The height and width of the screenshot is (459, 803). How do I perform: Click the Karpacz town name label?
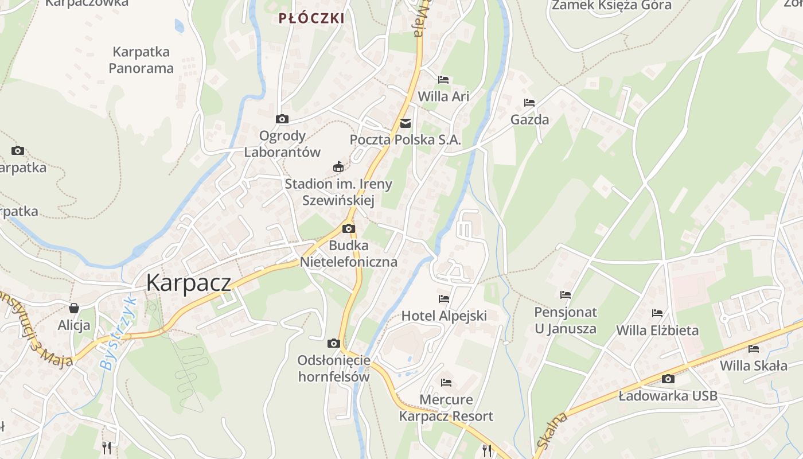[188, 283]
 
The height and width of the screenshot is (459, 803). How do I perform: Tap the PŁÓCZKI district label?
[311, 18]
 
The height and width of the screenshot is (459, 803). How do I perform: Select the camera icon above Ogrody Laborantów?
[282, 119]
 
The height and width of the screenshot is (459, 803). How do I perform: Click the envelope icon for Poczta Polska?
[406, 123]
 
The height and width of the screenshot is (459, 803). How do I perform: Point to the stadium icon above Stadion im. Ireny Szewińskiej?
[338, 167]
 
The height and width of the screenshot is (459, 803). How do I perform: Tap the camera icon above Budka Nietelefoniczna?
[348, 228]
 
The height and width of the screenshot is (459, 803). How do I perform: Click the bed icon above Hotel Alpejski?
[444, 298]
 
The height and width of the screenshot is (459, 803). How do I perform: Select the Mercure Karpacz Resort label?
[446, 408]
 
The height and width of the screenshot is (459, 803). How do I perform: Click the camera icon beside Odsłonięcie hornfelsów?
[333, 343]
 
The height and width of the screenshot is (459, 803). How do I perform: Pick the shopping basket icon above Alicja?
[73, 308]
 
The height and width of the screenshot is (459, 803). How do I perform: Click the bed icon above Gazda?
[529, 103]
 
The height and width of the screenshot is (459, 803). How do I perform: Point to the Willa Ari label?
[443, 96]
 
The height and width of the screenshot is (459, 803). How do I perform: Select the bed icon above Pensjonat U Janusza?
[566, 295]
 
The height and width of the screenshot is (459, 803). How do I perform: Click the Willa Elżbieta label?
[657, 330]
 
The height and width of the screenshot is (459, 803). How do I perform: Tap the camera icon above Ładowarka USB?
[668, 379]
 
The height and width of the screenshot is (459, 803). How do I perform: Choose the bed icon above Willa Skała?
[754, 348]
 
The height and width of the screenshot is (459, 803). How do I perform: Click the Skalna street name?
[552, 430]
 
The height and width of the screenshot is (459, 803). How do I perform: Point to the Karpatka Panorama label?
[141, 60]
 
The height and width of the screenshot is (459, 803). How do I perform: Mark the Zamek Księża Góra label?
[611, 6]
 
